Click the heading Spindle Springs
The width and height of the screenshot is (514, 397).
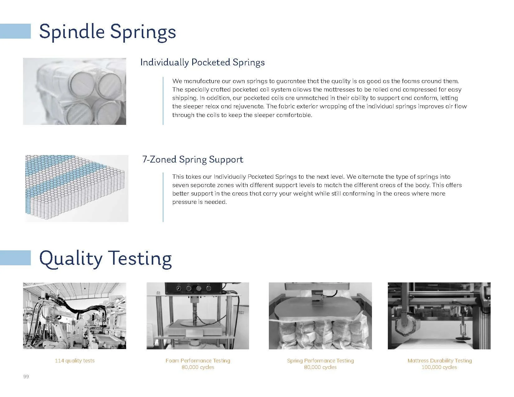point(107,32)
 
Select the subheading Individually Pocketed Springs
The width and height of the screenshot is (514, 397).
point(202,62)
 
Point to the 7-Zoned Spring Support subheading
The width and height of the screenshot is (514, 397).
point(193,159)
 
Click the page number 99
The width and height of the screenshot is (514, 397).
point(26,376)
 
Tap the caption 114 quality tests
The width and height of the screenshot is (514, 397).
point(75,361)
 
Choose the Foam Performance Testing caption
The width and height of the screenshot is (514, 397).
point(198,361)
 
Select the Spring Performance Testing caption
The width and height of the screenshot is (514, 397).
point(320,361)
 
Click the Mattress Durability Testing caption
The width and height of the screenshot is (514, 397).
point(440,361)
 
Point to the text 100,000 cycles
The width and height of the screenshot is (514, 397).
point(439,367)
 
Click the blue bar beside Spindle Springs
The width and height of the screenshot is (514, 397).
point(15,31)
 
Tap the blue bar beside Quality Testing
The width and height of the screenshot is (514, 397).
point(15,258)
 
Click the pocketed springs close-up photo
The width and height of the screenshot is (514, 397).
point(74,91)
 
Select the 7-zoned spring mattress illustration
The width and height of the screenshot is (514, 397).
point(77,188)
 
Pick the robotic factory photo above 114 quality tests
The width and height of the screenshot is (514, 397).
point(74,316)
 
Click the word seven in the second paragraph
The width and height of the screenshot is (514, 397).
point(180,185)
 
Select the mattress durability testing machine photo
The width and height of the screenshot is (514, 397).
point(439,316)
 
